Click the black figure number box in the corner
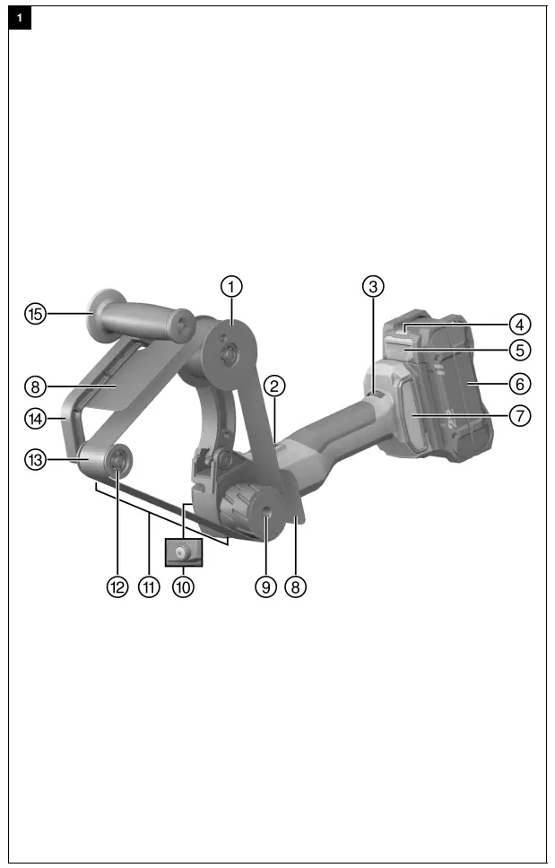click(x=20, y=18)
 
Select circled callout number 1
click(x=232, y=287)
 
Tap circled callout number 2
click(x=276, y=386)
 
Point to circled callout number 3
click(x=373, y=287)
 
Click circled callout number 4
click(x=520, y=323)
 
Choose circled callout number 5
click(x=520, y=349)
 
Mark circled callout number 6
click(x=520, y=383)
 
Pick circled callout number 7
click(x=520, y=416)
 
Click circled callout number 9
click(x=264, y=587)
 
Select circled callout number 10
click(x=184, y=587)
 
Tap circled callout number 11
click(x=149, y=587)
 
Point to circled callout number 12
click(x=117, y=587)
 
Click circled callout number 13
click(x=35, y=458)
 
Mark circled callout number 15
click(x=35, y=314)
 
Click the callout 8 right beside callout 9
click(x=296, y=587)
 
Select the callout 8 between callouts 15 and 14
click(x=35, y=386)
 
